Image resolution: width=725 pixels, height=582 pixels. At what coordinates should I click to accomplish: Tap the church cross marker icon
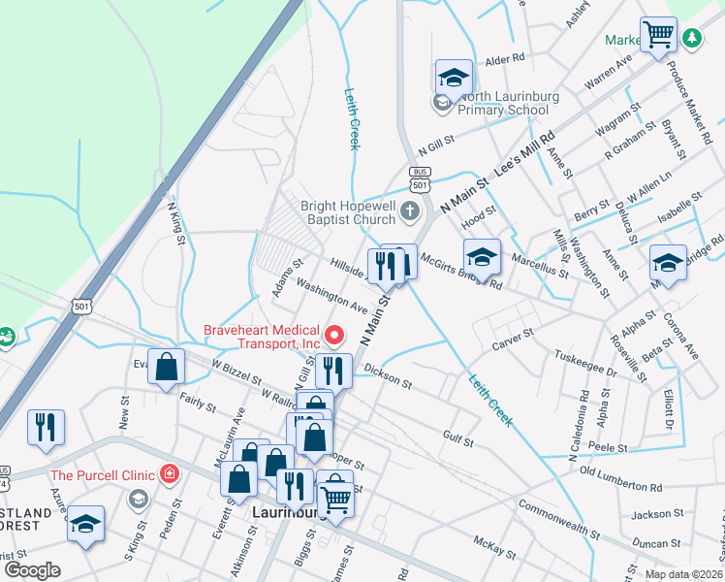410,210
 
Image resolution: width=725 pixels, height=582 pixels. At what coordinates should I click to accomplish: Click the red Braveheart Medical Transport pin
335,336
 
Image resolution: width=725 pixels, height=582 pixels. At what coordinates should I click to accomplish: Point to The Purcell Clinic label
102,474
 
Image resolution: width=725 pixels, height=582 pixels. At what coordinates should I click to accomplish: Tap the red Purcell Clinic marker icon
171,474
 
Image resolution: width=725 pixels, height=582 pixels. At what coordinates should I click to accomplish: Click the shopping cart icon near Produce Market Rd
659,35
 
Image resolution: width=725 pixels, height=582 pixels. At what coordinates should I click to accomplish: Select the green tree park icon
692,38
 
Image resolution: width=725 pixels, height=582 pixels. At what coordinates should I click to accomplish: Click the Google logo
32,570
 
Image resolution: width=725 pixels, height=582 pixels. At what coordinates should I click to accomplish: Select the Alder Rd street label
504,59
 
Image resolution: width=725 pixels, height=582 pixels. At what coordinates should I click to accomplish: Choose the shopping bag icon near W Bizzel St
167,367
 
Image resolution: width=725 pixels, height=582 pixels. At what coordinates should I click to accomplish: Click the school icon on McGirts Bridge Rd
482,257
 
